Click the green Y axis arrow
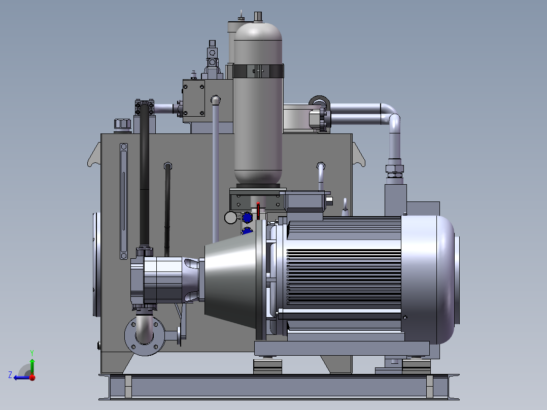coord(32,365)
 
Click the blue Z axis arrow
coord(22,378)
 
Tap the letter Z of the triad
coord(10,375)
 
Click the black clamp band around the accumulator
coord(258,71)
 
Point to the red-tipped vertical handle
coord(258,211)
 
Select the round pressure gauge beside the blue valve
coord(230,217)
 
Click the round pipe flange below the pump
coord(145,336)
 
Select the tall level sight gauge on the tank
coord(123,201)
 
